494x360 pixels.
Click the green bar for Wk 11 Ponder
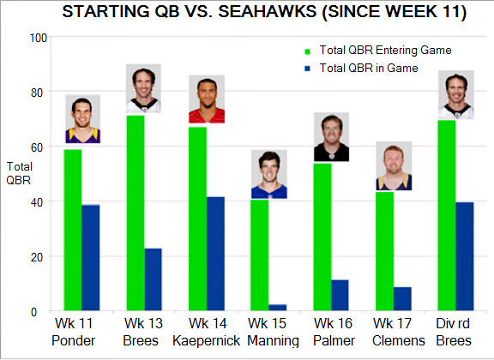click(x=73, y=230)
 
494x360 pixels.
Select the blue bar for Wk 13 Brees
click(x=154, y=279)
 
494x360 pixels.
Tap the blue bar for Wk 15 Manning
click(x=278, y=308)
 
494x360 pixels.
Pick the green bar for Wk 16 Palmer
click(x=322, y=237)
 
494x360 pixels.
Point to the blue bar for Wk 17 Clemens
click(x=402, y=299)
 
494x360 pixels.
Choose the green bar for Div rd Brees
click(x=447, y=215)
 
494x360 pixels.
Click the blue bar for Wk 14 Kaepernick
click(x=215, y=254)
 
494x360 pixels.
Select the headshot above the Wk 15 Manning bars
click(x=269, y=174)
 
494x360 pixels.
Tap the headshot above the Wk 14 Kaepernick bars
click(x=207, y=99)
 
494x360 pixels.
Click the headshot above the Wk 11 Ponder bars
click(x=83, y=119)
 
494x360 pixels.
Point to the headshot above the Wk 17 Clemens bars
click(x=394, y=166)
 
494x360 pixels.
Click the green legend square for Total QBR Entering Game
click(x=308, y=51)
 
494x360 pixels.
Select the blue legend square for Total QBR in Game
click(x=308, y=69)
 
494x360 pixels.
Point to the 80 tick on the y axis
click(x=37, y=93)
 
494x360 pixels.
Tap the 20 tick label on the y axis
click(x=37, y=257)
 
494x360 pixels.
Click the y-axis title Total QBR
click(x=19, y=173)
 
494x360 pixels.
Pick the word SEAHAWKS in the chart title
click(x=268, y=12)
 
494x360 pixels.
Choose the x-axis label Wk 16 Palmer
click(x=334, y=332)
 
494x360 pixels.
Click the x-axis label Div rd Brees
click(x=454, y=332)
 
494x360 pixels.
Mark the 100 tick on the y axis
click(x=39, y=38)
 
